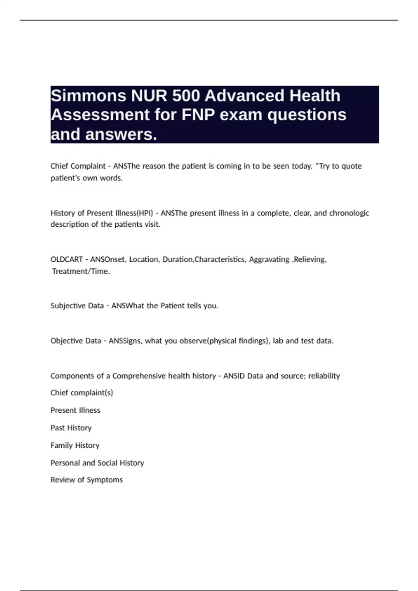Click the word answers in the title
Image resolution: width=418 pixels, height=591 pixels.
(x=121, y=135)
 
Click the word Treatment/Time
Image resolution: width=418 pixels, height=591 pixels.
(x=81, y=272)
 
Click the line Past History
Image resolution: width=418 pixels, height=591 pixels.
(x=71, y=428)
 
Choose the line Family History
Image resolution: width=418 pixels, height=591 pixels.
(x=75, y=445)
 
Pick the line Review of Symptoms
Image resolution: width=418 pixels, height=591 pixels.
(x=87, y=480)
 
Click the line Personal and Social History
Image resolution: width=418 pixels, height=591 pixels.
(x=97, y=463)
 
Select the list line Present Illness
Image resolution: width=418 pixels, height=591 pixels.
(x=75, y=410)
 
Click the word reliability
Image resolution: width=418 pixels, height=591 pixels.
(x=324, y=376)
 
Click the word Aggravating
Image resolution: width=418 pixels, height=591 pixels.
(x=269, y=260)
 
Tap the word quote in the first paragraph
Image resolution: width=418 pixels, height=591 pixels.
(x=351, y=166)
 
